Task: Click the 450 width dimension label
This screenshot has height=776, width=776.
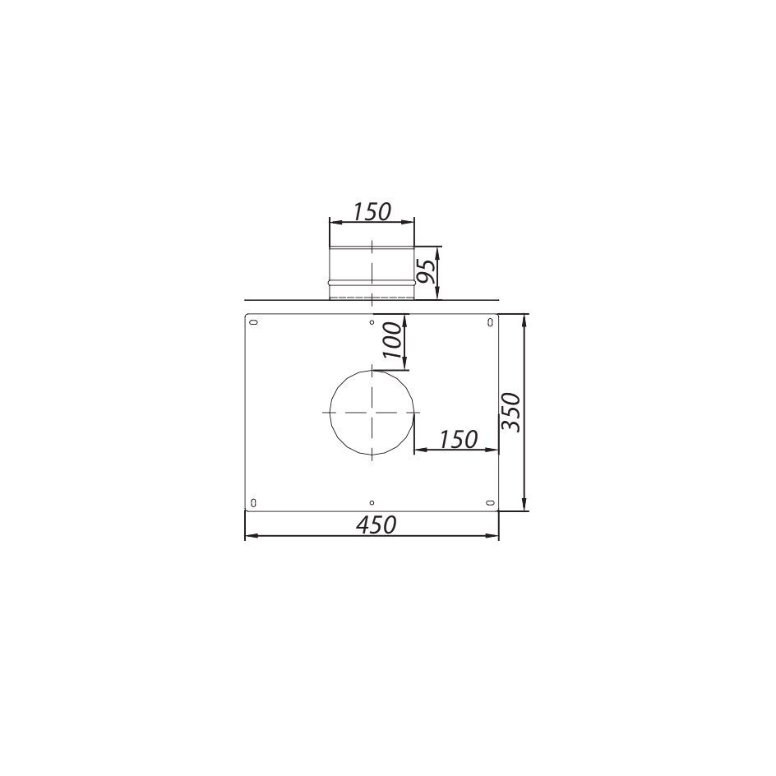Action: click(376, 524)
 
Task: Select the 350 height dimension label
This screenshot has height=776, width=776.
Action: click(510, 412)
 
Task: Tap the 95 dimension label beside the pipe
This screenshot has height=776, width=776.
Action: click(426, 270)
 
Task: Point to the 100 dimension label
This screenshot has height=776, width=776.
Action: click(391, 340)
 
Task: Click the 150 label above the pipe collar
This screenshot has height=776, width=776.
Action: click(372, 212)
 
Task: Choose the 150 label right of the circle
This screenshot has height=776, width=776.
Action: click(458, 440)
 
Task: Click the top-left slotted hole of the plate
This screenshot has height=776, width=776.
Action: click(254, 323)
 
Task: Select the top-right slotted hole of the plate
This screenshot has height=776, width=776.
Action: click(490, 323)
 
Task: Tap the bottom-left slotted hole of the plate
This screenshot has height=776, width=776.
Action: click(254, 503)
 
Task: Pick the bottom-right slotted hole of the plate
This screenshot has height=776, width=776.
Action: click(490, 503)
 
